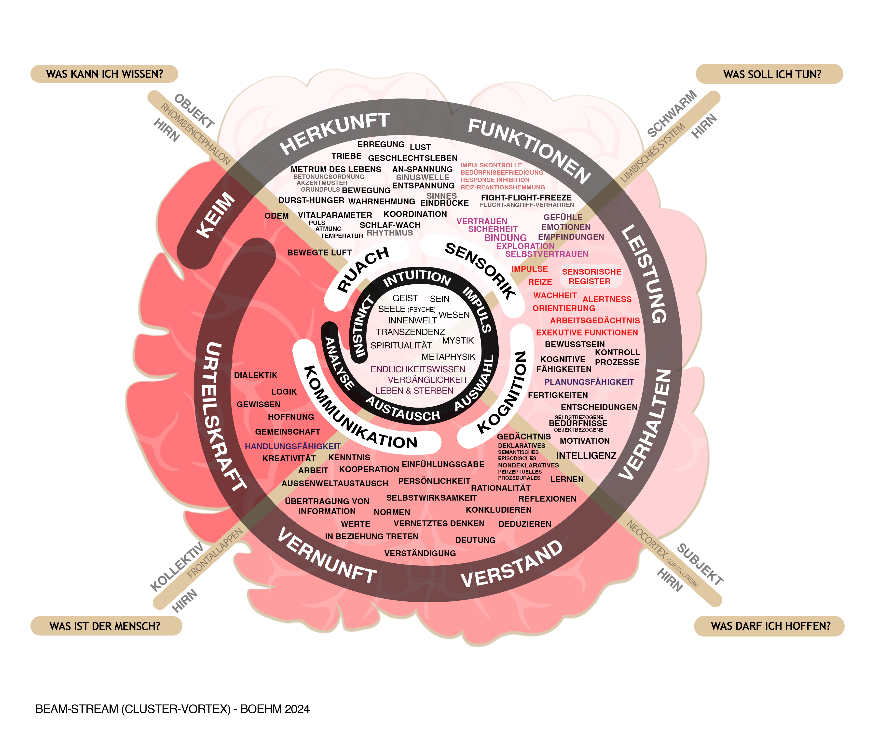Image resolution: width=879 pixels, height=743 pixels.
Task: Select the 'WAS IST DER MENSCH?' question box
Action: click(105, 626)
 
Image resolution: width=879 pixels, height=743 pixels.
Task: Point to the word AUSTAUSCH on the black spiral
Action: click(402, 409)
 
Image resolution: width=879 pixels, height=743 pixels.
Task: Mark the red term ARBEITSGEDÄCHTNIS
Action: click(595, 320)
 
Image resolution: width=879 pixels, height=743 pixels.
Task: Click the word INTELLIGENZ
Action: click(586, 455)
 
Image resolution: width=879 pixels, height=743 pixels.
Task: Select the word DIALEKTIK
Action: click(256, 375)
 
